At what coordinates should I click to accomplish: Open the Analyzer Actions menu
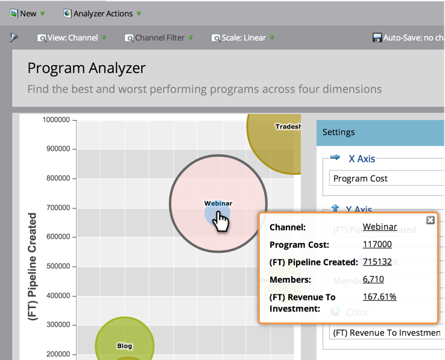tap(103, 13)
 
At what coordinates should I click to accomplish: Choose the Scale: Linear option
tap(243, 37)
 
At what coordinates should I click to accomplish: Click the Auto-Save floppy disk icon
tap(377, 37)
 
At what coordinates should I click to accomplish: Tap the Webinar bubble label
tap(218, 203)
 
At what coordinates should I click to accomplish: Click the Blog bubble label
tap(124, 346)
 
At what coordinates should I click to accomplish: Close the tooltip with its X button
tap(430, 220)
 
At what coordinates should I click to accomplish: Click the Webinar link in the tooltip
tap(379, 227)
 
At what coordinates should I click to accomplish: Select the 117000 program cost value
tap(377, 244)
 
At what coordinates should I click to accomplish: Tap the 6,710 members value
tap(373, 279)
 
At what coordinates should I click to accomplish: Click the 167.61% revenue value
tap(379, 296)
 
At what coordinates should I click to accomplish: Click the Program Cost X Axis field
tap(386, 178)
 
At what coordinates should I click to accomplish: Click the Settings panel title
tap(338, 132)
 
